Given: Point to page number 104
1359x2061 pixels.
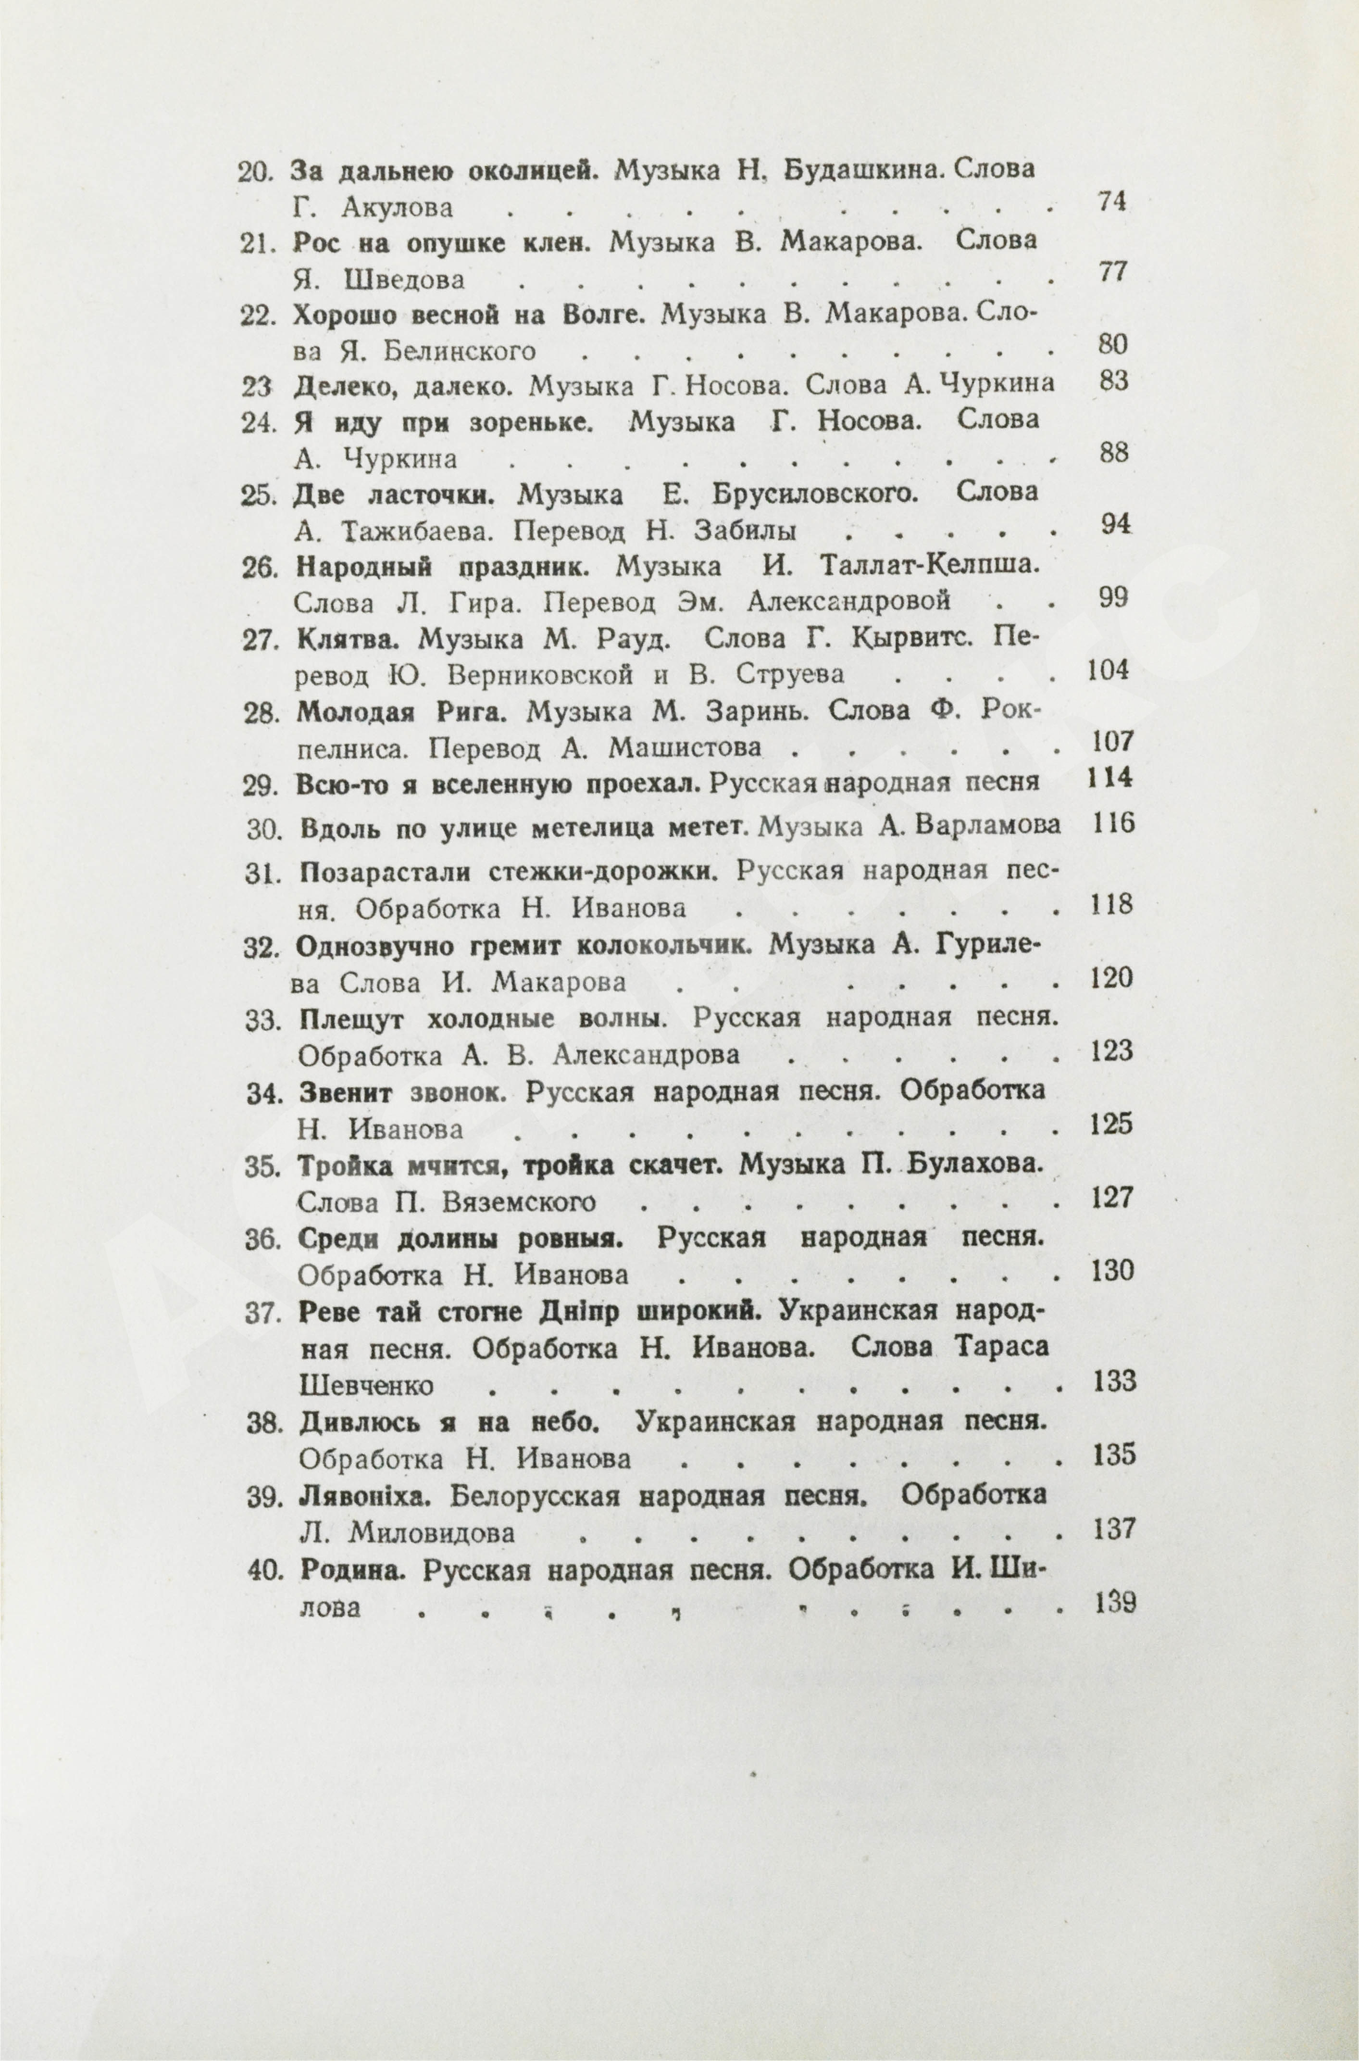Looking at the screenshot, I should pos(1107,670).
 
